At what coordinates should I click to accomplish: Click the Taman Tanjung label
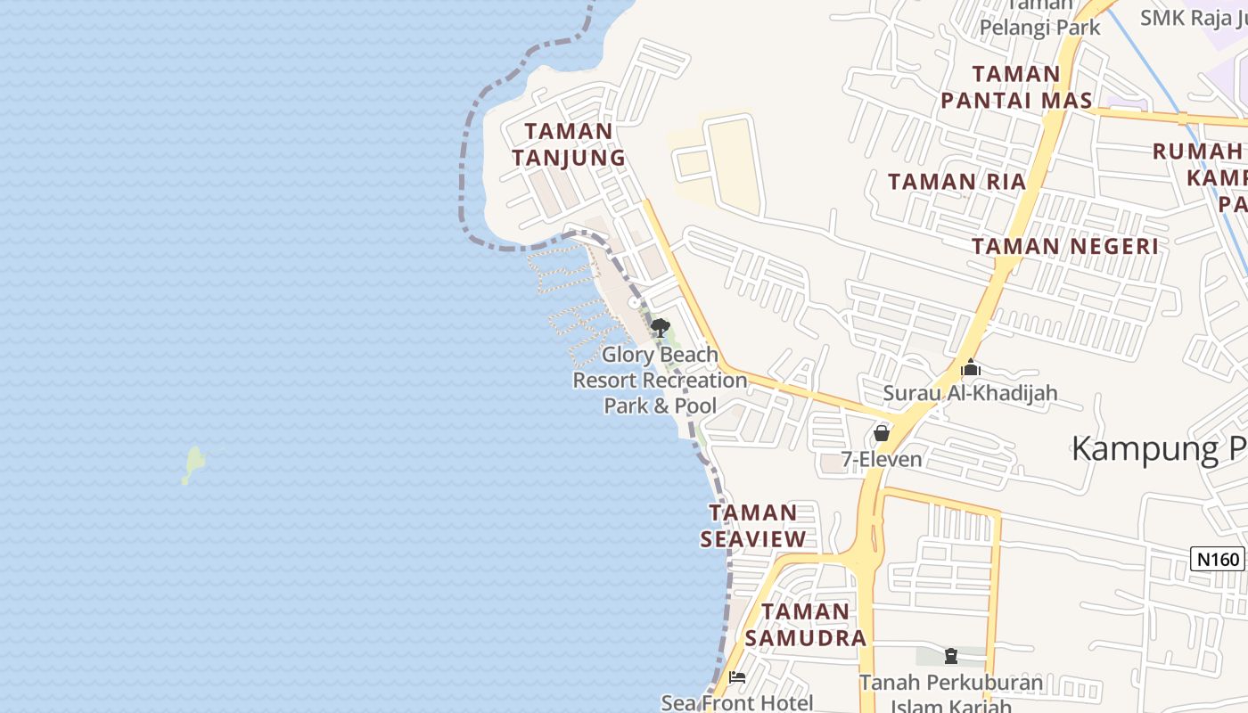click(x=569, y=144)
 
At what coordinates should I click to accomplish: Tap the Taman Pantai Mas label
click(x=1016, y=87)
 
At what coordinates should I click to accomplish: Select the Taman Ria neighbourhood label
click(x=957, y=182)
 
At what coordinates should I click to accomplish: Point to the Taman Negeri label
click(x=1065, y=246)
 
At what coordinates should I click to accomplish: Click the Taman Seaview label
click(x=753, y=525)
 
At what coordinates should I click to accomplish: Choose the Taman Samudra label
click(x=805, y=624)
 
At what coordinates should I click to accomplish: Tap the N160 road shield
click(x=1218, y=560)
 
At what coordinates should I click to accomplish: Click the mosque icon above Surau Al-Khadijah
click(x=971, y=367)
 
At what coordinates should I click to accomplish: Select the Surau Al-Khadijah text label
click(x=970, y=392)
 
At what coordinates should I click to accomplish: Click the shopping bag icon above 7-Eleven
click(x=882, y=433)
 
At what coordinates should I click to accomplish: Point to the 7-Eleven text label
click(x=882, y=460)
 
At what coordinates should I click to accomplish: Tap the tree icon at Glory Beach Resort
click(x=660, y=327)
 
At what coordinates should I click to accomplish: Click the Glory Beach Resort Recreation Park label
click(x=660, y=381)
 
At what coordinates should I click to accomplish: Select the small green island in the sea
click(x=193, y=464)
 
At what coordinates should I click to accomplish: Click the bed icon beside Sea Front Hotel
click(x=736, y=677)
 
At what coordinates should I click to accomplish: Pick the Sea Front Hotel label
click(x=736, y=702)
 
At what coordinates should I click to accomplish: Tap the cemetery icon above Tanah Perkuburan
click(x=950, y=657)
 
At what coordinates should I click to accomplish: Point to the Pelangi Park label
click(x=1039, y=27)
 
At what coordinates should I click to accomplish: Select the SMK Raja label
click(x=1193, y=16)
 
